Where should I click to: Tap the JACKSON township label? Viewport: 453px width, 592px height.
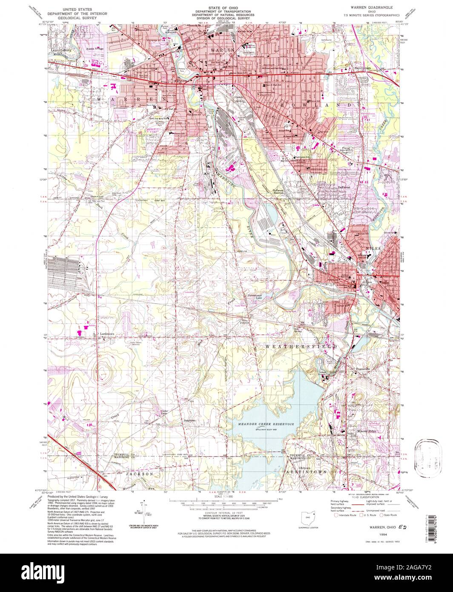coord(139,473)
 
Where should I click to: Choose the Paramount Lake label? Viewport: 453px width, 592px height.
coord(253,295)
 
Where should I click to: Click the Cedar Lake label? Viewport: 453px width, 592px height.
coord(166,413)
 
